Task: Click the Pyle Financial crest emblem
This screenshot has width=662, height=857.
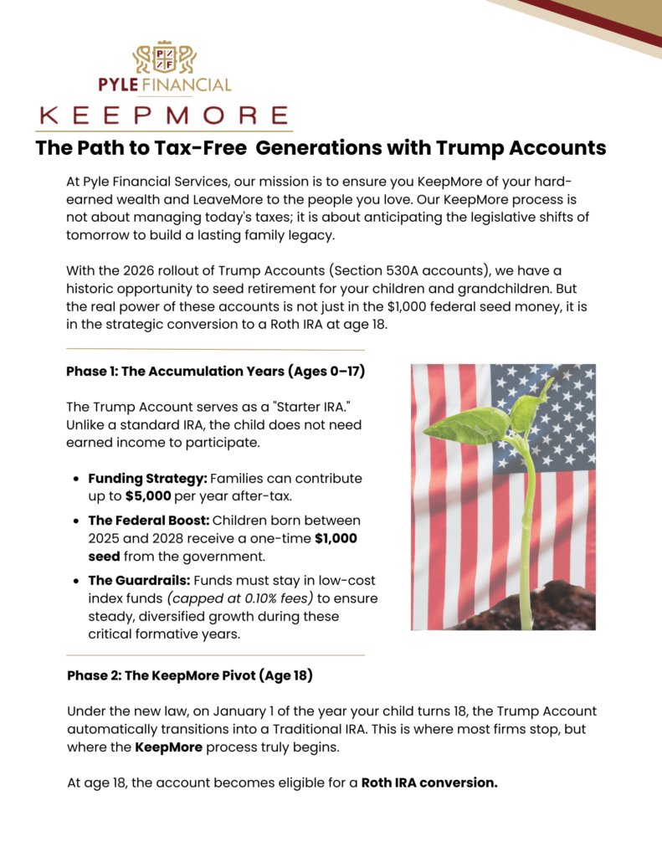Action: pyautogui.click(x=164, y=58)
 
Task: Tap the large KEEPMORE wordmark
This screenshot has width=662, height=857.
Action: pyautogui.click(x=164, y=115)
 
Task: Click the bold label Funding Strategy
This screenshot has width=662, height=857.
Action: pyautogui.click(x=147, y=479)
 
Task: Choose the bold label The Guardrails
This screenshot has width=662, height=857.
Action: pyautogui.click(x=136, y=580)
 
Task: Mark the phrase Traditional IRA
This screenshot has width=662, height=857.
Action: pyautogui.click(x=275, y=729)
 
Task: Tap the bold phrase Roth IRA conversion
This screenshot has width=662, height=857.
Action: pyautogui.click(x=429, y=783)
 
